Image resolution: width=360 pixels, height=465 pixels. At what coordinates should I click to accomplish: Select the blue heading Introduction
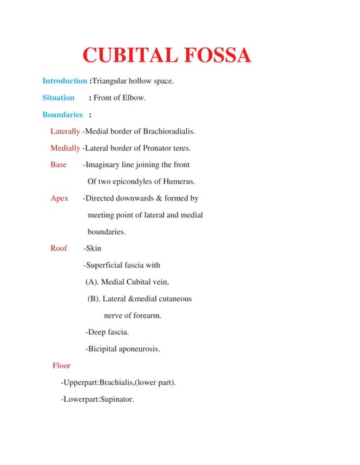click(x=65, y=81)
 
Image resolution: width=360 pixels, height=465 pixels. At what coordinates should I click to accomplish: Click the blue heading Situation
click(x=58, y=97)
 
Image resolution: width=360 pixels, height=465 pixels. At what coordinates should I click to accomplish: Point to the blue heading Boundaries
click(x=63, y=115)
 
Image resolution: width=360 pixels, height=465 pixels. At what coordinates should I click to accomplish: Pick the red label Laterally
click(x=65, y=132)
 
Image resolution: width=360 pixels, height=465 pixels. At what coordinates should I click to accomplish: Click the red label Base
click(x=58, y=165)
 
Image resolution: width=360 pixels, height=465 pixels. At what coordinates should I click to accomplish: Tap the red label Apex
click(x=59, y=198)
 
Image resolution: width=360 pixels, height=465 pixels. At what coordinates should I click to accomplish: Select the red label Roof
click(x=58, y=248)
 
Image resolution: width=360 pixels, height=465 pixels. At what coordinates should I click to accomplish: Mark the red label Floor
click(x=61, y=365)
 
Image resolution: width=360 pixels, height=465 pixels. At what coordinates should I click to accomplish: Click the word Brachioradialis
click(x=169, y=132)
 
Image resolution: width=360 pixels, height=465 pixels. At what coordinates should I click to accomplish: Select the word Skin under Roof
click(x=94, y=248)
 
